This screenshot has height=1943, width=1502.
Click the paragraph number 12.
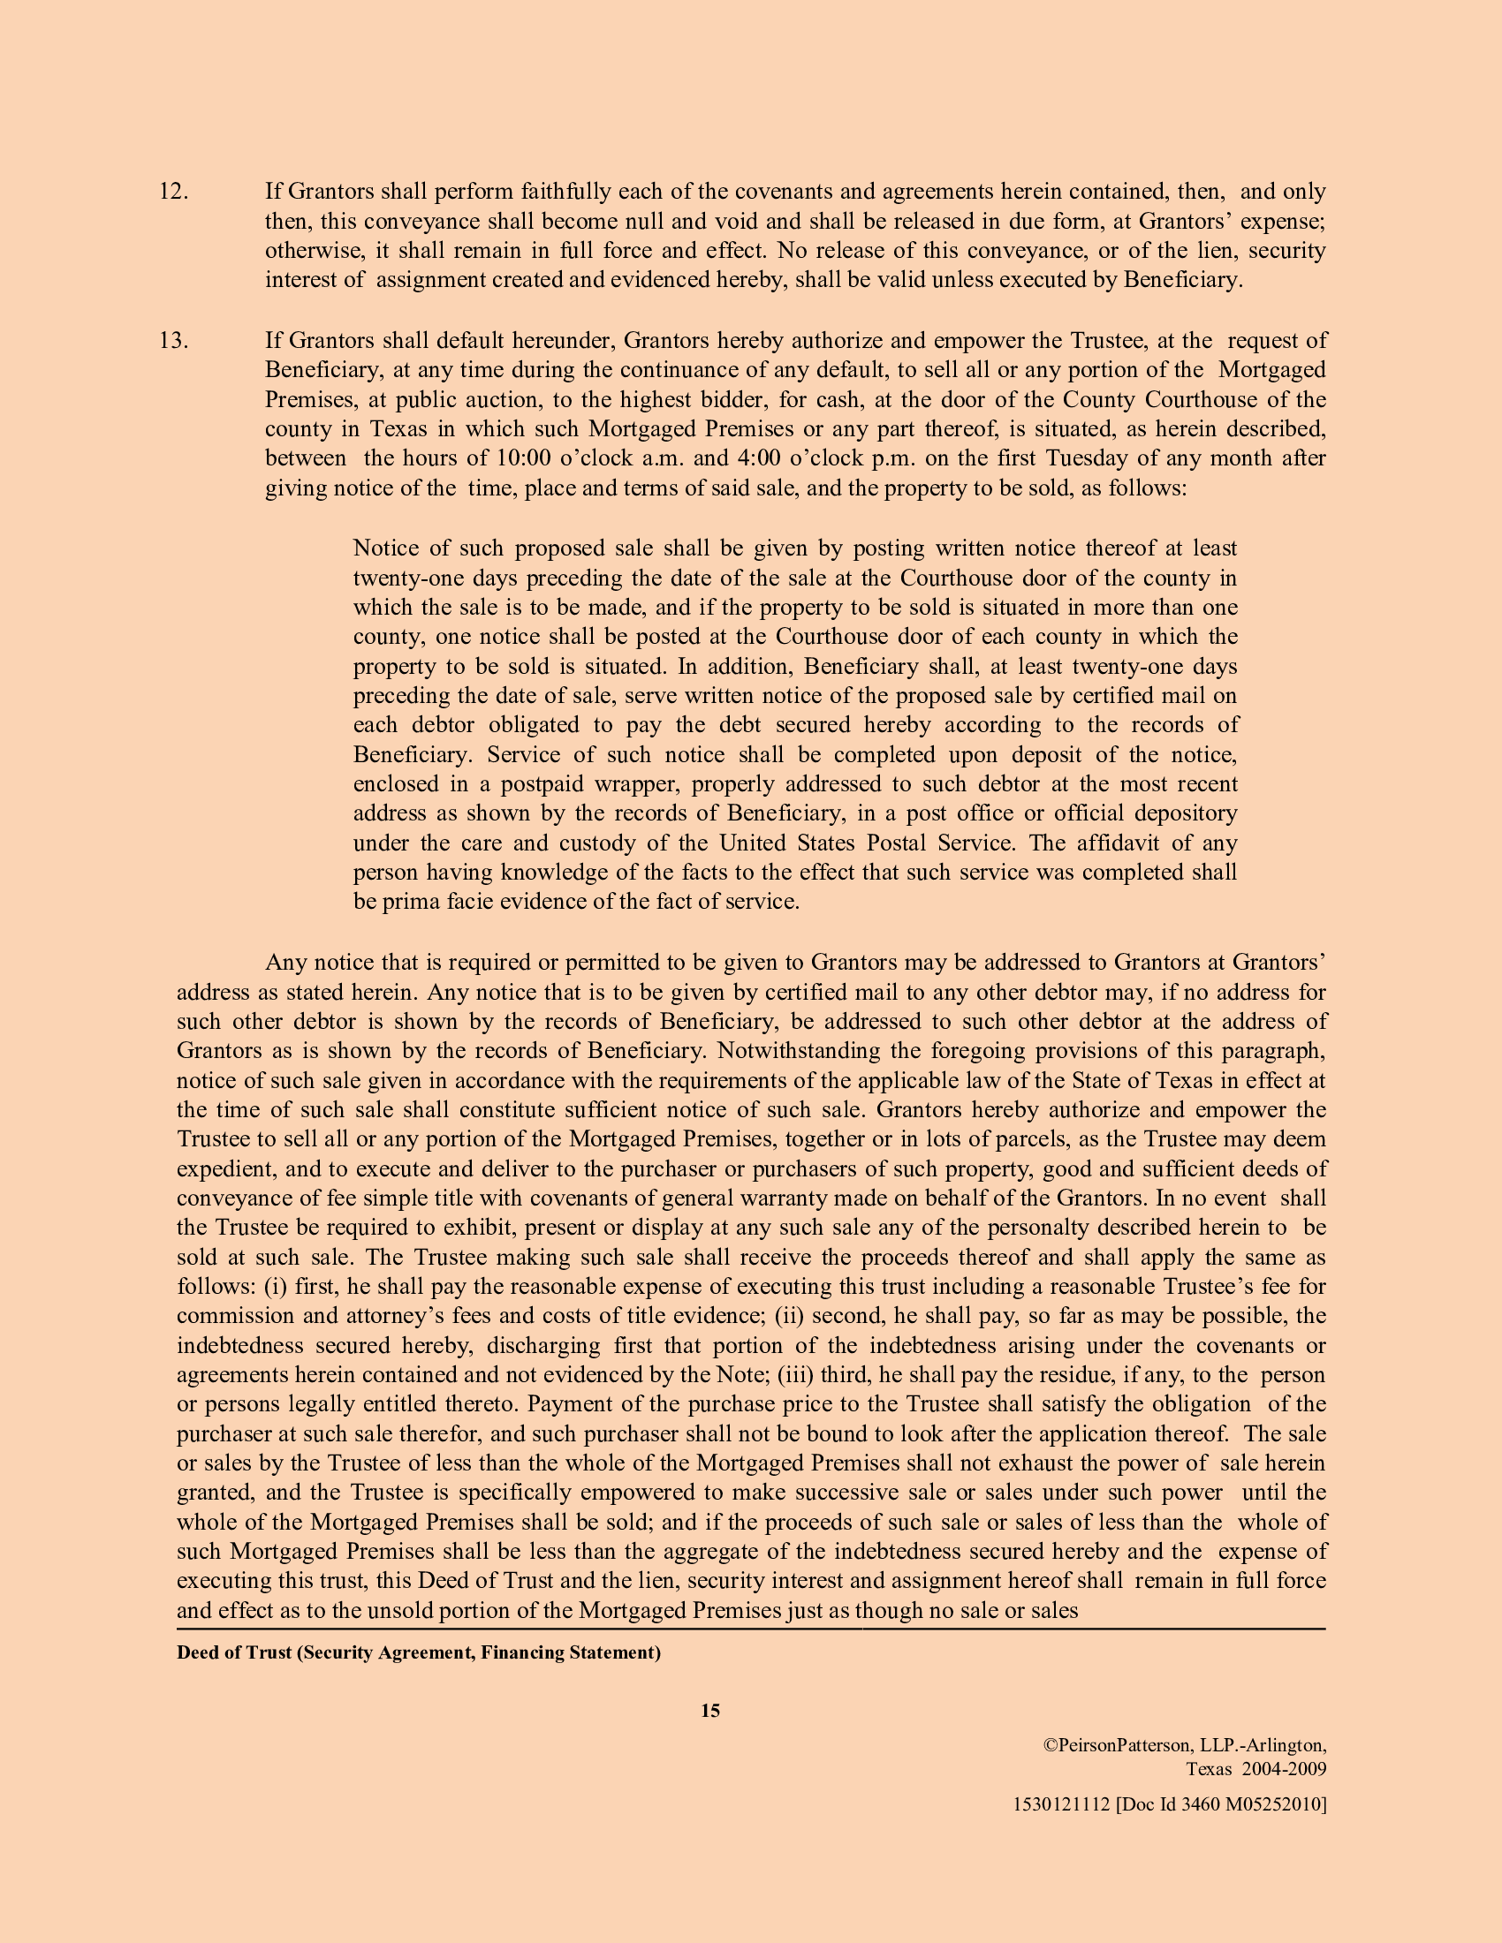coord(173,193)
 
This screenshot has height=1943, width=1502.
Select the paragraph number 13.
coord(173,341)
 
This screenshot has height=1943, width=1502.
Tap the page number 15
coord(710,1711)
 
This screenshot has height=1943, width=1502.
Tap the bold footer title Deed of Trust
coord(234,1653)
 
